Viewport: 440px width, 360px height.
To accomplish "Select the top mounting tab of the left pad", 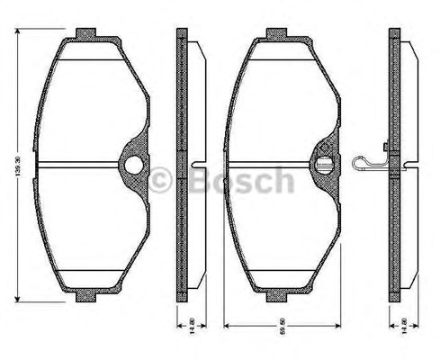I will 88,34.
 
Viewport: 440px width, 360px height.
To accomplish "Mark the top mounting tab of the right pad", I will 277,34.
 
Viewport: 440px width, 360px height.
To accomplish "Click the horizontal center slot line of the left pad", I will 81,165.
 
